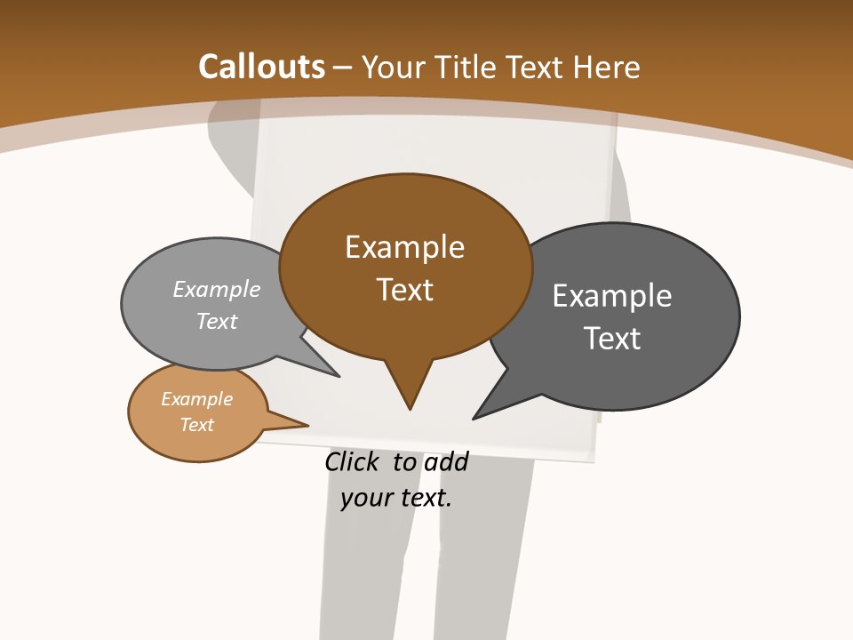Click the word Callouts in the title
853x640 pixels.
[x=261, y=67]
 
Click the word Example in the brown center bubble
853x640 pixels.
[x=404, y=247]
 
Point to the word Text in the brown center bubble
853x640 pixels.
[x=405, y=290]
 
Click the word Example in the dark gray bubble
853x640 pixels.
[x=612, y=296]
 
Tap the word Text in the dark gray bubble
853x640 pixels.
[x=612, y=339]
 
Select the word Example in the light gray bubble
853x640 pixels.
[x=217, y=290]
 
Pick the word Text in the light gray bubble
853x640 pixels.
[x=217, y=321]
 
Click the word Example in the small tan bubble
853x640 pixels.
[x=197, y=399]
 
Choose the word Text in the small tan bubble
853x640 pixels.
[x=197, y=425]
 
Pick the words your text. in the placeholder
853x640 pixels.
[x=396, y=498]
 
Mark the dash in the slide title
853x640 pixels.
[x=343, y=67]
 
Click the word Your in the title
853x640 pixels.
[x=392, y=67]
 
